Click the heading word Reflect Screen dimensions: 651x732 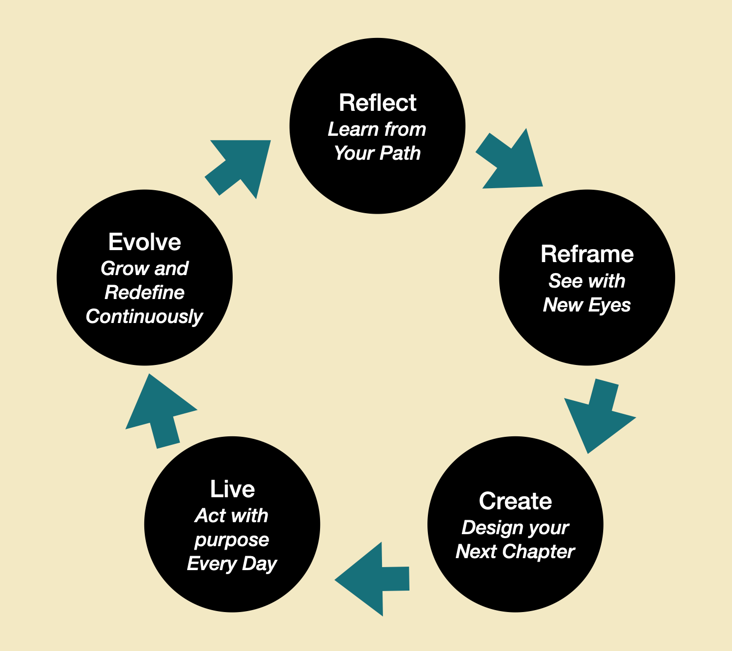click(377, 103)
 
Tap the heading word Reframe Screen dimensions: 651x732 click(587, 254)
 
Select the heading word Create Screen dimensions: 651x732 click(515, 501)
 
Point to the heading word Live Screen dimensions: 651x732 click(232, 489)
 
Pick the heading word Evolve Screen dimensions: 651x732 click(145, 242)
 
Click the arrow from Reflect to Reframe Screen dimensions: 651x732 click(512, 162)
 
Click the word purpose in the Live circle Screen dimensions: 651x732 click(232, 540)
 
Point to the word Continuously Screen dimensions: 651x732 click(144, 317)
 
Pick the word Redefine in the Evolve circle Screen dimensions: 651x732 click(144, 293)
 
